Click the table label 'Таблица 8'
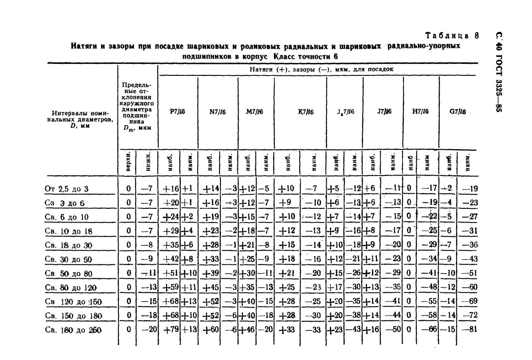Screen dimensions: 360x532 point(452,36)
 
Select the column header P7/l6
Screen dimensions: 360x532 point(177,112)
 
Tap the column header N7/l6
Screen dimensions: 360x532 point(217,112)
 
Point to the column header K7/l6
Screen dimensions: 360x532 point(306,112)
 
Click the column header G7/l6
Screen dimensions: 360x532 point(458,112)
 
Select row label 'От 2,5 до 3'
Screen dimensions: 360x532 point(67,189)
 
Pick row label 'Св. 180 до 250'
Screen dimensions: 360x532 point(74,330)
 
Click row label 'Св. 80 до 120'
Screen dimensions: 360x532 point(71,287)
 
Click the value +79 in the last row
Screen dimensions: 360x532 point(171,330)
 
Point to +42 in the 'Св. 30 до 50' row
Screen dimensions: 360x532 point(171,259)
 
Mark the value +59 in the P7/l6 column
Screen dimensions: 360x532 point(171,287)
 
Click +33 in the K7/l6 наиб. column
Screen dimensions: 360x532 point(286,330)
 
